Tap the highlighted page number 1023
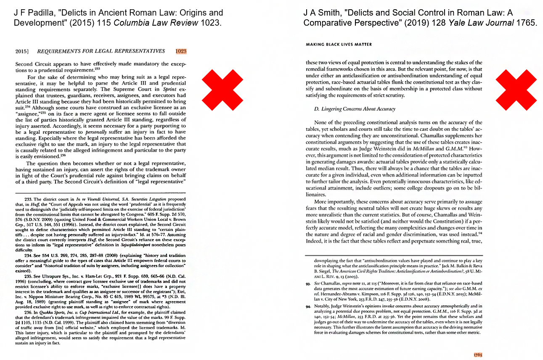pyautogui.click(x=181, y=51)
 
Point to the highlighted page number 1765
pyautogui.click(x=477, y=355)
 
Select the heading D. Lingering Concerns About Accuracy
pyautogui.click(x=355, y=109)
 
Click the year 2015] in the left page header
pyautogui.click(x=21, y=51)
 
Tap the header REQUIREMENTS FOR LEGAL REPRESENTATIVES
pyautogui.click(x=101, y=51)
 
